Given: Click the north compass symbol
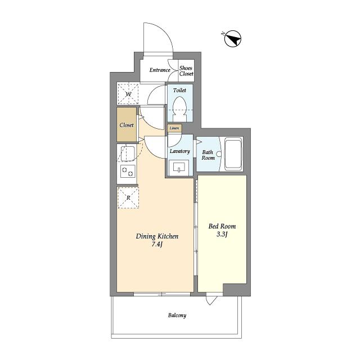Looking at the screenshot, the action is (x=233, y=39).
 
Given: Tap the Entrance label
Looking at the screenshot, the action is (x=160, y=70).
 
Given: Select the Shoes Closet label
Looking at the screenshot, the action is (x=186, y=71).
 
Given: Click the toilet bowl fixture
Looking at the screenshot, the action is (x=179, y=109).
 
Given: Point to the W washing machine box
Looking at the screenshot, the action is (x=128, y=94).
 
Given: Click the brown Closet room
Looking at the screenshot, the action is (x=127, y=124).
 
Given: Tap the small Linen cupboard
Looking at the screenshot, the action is (x=174, y=128).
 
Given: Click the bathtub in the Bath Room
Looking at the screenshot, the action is (x=233, y=154).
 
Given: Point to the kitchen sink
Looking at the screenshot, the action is (x=128, y=154).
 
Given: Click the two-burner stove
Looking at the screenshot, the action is (x=128, y=172).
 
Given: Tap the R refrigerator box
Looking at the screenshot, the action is (x=128, y=197).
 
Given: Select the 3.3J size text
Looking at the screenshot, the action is (x=222, y=235).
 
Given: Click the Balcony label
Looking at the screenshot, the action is (x=177, y=316).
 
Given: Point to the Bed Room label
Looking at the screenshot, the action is (x=222, y=226).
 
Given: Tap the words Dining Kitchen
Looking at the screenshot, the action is (x=157, y=236).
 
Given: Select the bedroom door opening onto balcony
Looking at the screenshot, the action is (x=211, y=299).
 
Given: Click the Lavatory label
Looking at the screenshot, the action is (x=180, y=151).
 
